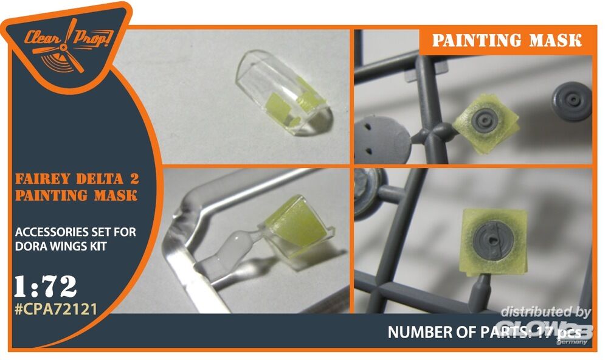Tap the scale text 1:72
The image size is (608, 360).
(x=45, y=287)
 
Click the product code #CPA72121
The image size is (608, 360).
(x=56, y=309)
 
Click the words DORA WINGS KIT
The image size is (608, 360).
(x=60, y=246)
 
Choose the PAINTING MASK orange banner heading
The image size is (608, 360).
(x=507, y=41)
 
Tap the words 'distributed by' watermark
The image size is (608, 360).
(x=545, y=312)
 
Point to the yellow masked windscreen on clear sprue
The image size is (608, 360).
(x=297, y=225)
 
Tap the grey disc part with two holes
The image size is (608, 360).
(x=381, y=140)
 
